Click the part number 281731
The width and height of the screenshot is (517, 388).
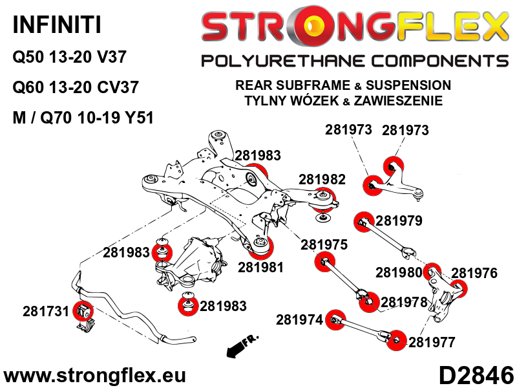point(45,311)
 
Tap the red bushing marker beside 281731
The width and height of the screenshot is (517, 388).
point(83,311)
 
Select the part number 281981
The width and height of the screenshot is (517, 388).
point(260,267)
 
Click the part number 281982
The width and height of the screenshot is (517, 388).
point(322,180)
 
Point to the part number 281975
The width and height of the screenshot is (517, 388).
point(324,244)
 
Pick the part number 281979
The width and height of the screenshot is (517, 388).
point(399,221)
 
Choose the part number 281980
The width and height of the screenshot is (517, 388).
point(399,272)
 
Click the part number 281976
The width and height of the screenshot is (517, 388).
point(474,273)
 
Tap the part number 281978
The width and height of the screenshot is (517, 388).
point(404,302)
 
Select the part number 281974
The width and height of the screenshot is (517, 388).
point(299,319)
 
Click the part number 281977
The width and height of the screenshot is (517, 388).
point(432,342)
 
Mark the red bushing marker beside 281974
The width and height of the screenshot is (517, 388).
point(335,319)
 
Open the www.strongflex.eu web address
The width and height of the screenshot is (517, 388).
point(94,376)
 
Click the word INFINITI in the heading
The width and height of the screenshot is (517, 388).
point(57,25)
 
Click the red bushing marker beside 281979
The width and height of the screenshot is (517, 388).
point(364,222)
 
